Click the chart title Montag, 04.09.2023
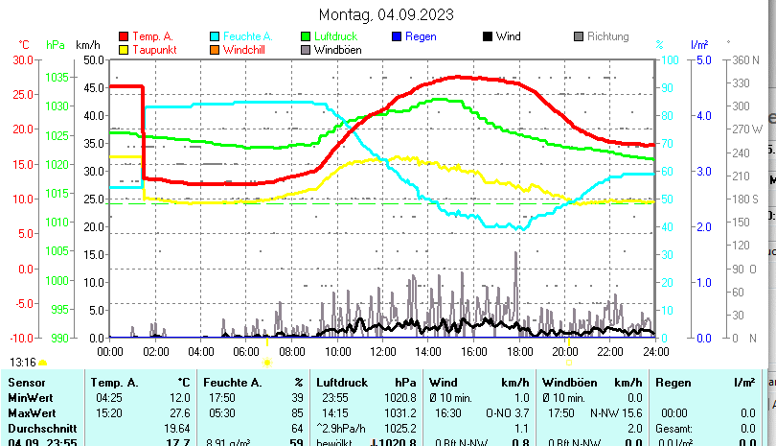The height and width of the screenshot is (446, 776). tap(386, 14)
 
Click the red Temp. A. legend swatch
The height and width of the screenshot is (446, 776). tap(123, 36)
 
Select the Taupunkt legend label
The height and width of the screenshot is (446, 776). tap(154, 50)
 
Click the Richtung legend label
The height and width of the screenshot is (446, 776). tap(607, 36)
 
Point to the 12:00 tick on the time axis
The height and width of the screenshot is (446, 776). tap(381, 352)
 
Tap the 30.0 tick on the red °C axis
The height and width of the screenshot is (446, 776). tap(21, 59)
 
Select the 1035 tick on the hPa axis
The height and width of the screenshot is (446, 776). tap(57, 77)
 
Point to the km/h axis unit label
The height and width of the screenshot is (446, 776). tap(88, 45)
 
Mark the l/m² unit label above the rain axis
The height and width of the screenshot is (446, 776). tap(698, 45)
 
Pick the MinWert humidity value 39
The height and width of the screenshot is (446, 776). tap(297, 397)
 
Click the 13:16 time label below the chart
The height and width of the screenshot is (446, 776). tap(23, 363)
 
